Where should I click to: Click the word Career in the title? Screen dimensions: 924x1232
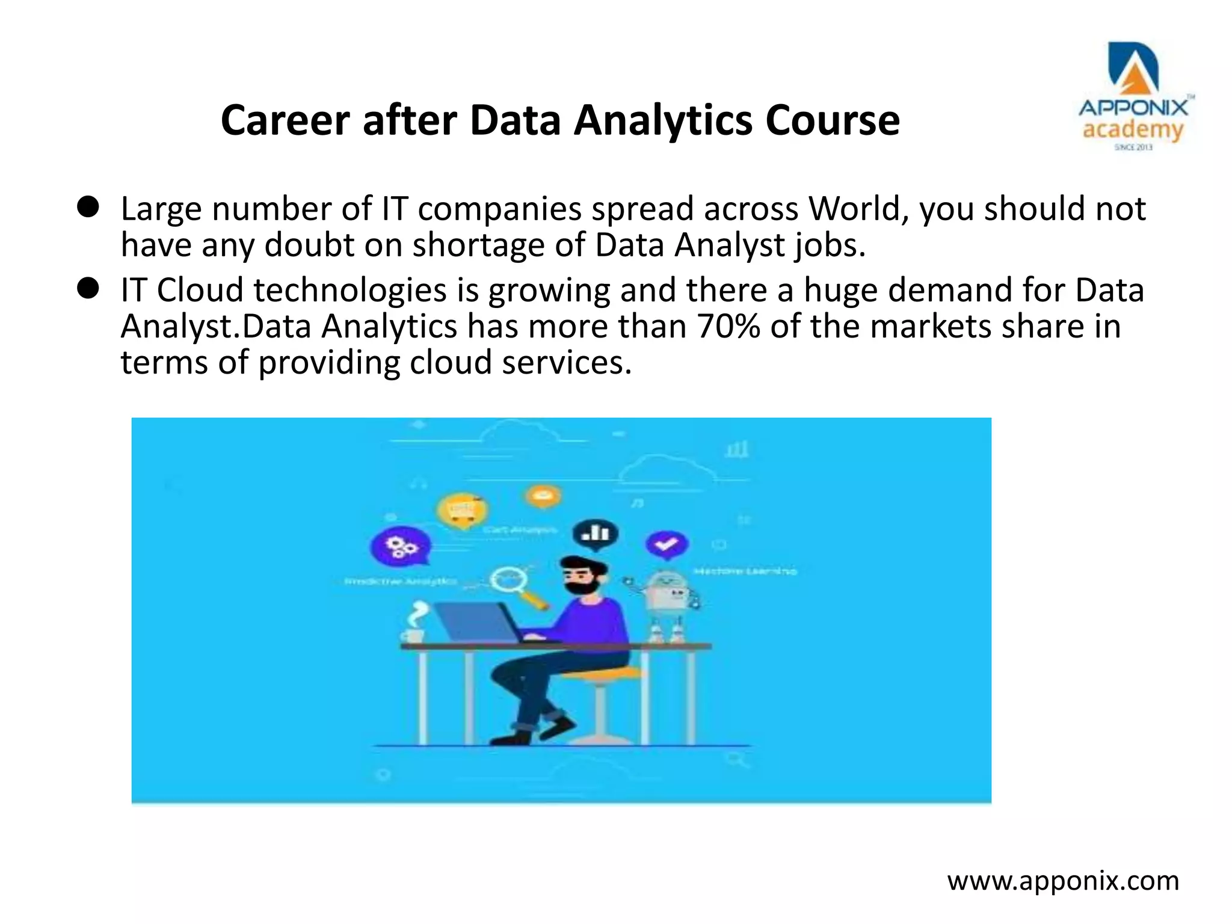click(285, 121)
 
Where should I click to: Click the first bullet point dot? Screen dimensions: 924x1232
click(88, 208)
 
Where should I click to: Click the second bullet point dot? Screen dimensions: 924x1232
click(88, 289)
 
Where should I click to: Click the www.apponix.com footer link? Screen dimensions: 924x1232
click(1063, 881)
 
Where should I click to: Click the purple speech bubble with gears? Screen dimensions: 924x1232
click(400, 547)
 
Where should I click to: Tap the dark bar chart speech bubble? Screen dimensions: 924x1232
click(595, 534)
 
